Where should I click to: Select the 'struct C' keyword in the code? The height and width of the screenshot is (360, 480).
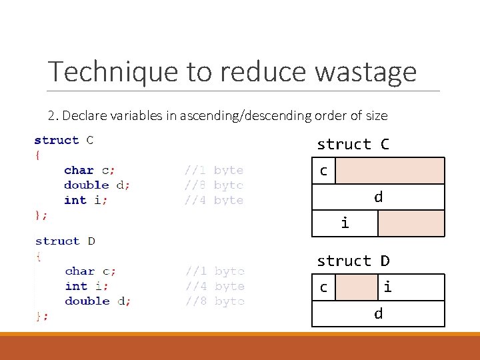(x=64, y=140)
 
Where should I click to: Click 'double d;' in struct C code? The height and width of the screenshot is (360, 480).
(x=97, y=185)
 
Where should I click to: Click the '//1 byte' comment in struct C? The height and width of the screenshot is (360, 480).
(x=214, y=170)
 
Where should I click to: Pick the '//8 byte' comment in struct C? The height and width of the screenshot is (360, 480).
(x=214, y=185)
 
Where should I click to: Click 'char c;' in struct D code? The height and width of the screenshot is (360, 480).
(x=91, y=271)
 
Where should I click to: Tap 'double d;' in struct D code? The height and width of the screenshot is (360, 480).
(x=98, y=301)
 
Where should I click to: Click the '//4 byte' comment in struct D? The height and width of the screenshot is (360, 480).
(x=215, y=286)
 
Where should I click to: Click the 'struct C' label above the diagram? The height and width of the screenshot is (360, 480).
(x=353, y=144)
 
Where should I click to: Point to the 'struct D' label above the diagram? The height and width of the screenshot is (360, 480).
(x=353, y=261)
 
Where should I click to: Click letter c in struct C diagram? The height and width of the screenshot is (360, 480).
(x=323, y=171)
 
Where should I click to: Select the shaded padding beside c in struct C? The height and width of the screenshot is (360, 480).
(x=389, y=171)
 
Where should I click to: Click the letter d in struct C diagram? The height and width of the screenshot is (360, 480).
(x=378, y=197)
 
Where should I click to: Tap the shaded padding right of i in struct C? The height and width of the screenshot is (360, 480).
(x=411, y=223)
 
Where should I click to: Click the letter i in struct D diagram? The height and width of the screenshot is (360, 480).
(x=387, y=287)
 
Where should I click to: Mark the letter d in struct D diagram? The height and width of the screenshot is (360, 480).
(x=378, y=313)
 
